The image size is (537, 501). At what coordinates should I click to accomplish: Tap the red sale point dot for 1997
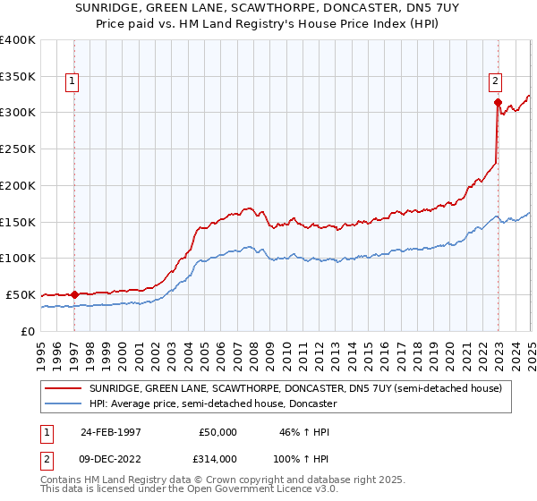coord(75,293)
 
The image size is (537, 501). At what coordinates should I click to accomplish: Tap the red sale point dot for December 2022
coord(497,102)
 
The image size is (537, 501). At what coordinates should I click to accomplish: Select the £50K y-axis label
coord(21,294)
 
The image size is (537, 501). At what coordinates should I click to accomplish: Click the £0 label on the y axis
coord(29,331)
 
